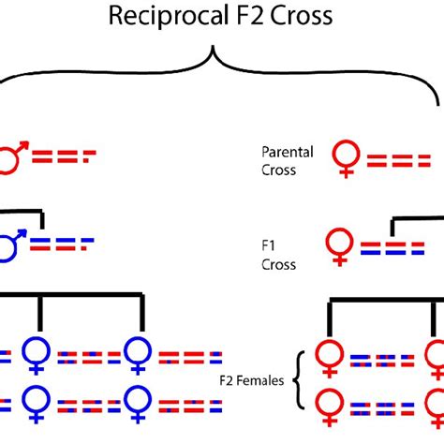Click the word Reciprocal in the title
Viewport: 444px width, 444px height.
point(169,16)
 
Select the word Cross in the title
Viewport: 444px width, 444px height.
point(302,16)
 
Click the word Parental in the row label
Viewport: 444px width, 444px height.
point(288,152)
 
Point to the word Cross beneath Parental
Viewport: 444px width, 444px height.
point(278,170)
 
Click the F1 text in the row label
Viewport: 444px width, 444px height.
point(268,245)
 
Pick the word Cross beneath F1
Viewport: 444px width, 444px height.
point(278,265)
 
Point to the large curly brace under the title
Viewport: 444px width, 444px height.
point(214,50)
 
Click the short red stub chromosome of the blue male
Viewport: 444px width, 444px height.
point(84,248)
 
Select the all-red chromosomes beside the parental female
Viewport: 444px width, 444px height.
point(399,160)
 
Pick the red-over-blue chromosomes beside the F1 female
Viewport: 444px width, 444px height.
point(392,248)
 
